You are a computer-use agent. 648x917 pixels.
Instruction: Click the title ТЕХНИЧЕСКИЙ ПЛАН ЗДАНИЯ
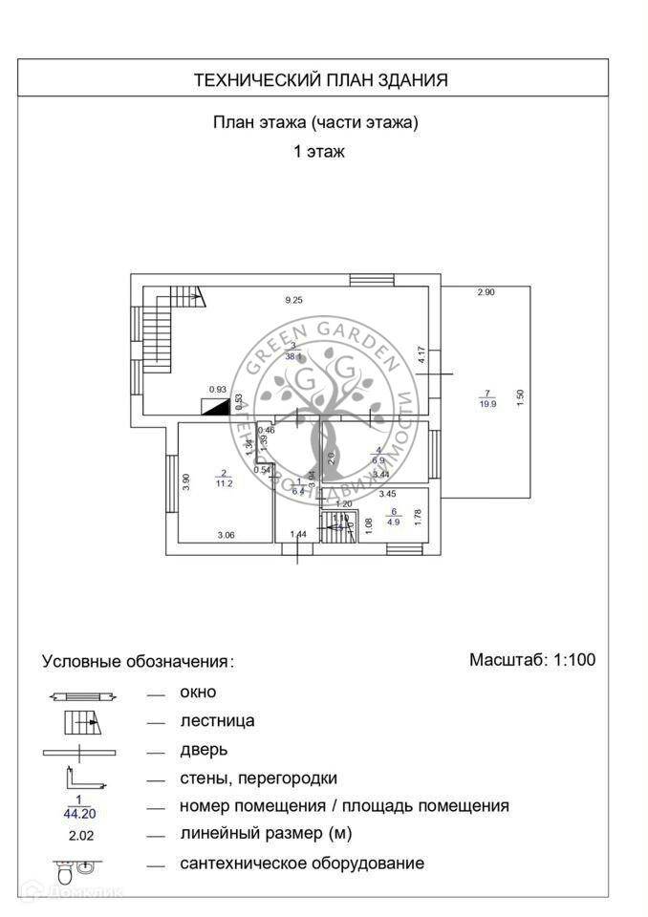(321, 80)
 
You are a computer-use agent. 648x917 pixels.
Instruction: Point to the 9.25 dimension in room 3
(293, 300)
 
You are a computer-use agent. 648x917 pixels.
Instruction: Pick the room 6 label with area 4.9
(393, 517)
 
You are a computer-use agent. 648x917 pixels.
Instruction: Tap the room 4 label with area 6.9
(378, 455)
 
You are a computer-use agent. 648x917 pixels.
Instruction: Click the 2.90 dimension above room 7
(486, 292)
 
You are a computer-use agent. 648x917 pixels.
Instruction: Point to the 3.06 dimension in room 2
(226, 536)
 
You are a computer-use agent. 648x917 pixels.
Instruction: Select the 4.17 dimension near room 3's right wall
(421, 354)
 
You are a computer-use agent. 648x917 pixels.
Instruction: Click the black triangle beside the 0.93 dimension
(217, 405)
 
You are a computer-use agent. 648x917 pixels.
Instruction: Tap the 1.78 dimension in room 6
(418, 519)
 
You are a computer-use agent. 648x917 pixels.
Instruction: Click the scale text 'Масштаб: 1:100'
(532, 659)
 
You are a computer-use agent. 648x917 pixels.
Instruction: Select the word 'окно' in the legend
(198, 692)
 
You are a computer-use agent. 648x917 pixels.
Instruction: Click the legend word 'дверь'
(204, 750)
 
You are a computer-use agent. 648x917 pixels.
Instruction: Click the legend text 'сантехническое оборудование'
(302, 863)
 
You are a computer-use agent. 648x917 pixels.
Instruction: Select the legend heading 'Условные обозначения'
(136, 661)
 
